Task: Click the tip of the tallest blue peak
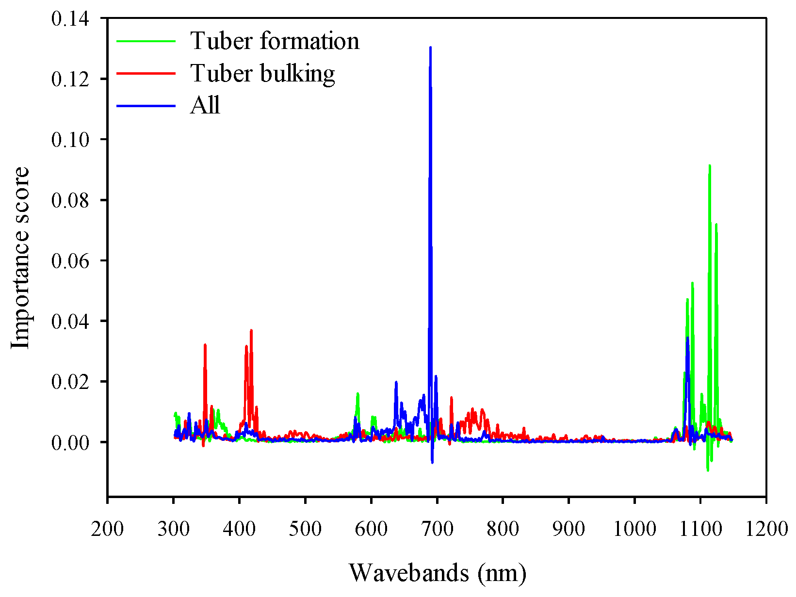click(x=430, y=48)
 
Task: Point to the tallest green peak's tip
click(x=710, y=165)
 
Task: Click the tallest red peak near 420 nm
click(x=251, y=330)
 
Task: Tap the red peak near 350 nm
click(x=205, y=345)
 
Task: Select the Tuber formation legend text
click(x=275, y=41)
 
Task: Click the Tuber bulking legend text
click(x=262, y=73)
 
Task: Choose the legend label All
click(x=205, y=105)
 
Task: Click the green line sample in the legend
click(x=146, y=41)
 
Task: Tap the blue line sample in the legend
click(x=146, y=106)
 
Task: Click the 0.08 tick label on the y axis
click(x=70, y=200)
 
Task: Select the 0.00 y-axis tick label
click(x=70, y=442)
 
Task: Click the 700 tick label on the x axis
click(x=437, y=529)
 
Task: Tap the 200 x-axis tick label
click(x=107, y=529)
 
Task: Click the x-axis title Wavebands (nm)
click(x=437, y=573)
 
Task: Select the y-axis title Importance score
click(x=20, y=258)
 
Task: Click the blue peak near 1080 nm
click(x=687, y=338)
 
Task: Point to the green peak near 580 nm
click(x=357, y=393)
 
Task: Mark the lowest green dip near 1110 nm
click(x=708, y=470)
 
